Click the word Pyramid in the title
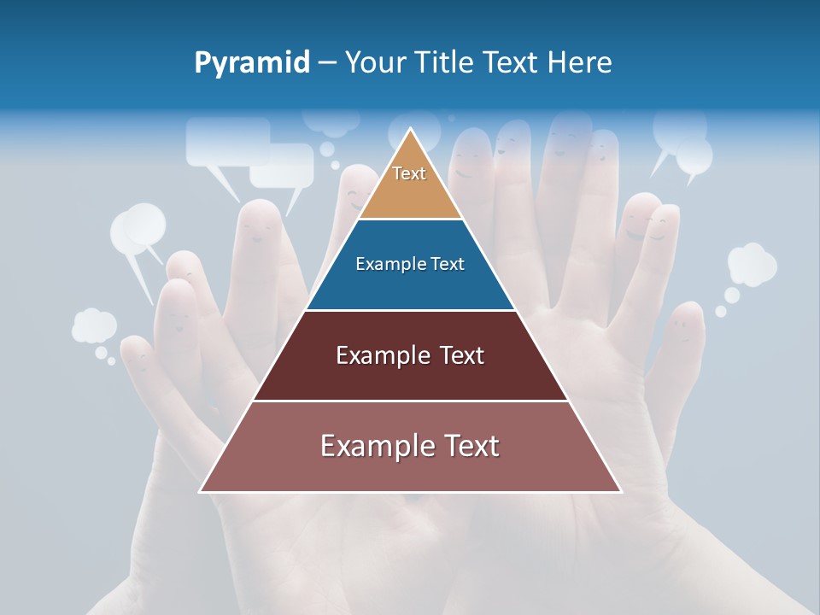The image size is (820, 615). (x=251, y=63)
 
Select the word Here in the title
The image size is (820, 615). (x=580, y=62)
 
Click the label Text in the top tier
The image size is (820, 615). (x=409, y=173)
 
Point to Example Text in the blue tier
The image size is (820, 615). (x=410, y=264)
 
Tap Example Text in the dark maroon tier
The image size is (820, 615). (x=410, y=355)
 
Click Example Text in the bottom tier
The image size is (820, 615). (x=410, y=446)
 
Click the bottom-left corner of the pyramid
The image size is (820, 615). (x=200, y=492)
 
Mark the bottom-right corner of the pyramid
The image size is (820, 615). (x=621, y=492)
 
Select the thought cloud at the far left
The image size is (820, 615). (x=94, y=326)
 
